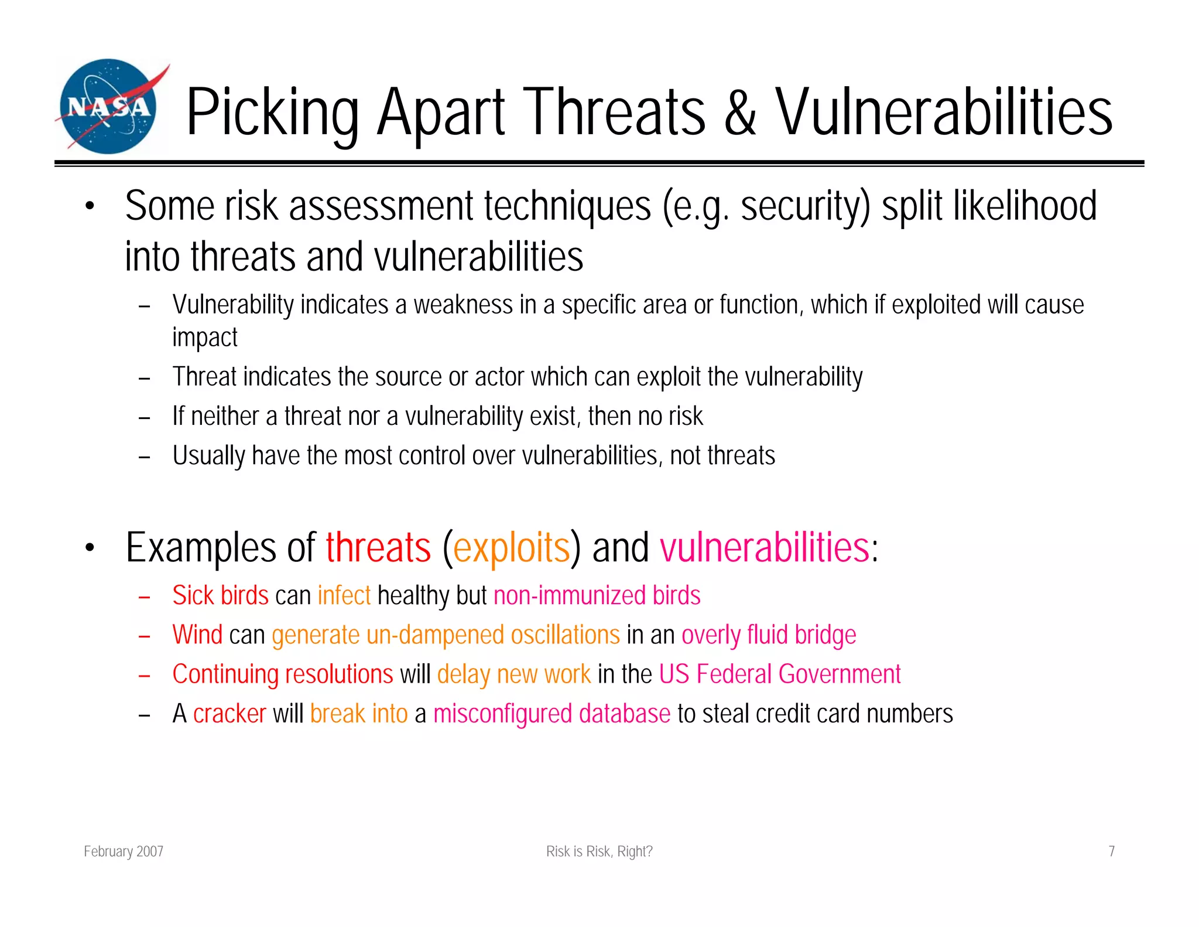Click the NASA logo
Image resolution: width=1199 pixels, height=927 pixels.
point(109,107)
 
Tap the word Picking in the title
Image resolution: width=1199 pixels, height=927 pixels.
point(272,113)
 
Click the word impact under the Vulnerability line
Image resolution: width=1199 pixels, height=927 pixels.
point(204,338)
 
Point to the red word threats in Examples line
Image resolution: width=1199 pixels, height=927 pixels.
point(378,547)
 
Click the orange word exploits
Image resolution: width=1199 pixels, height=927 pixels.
point(511,547)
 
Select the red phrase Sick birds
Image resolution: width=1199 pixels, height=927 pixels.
point(220,595)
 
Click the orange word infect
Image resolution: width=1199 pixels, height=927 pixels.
point(344,595)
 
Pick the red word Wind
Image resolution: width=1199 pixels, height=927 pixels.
point(197,635)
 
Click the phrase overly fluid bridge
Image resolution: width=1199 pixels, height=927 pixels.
point(768,635)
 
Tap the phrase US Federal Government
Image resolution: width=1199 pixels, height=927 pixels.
point(779,674)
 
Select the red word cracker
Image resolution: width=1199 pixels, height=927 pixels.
point(229,714)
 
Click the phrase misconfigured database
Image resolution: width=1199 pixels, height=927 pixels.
point(551,714)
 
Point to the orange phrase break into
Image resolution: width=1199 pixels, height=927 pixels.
point(358,714)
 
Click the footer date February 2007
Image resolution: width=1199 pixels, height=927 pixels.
point(124,851)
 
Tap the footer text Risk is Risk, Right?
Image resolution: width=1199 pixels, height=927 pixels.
point(599,851)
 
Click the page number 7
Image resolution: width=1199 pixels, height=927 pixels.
point(1111,851)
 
